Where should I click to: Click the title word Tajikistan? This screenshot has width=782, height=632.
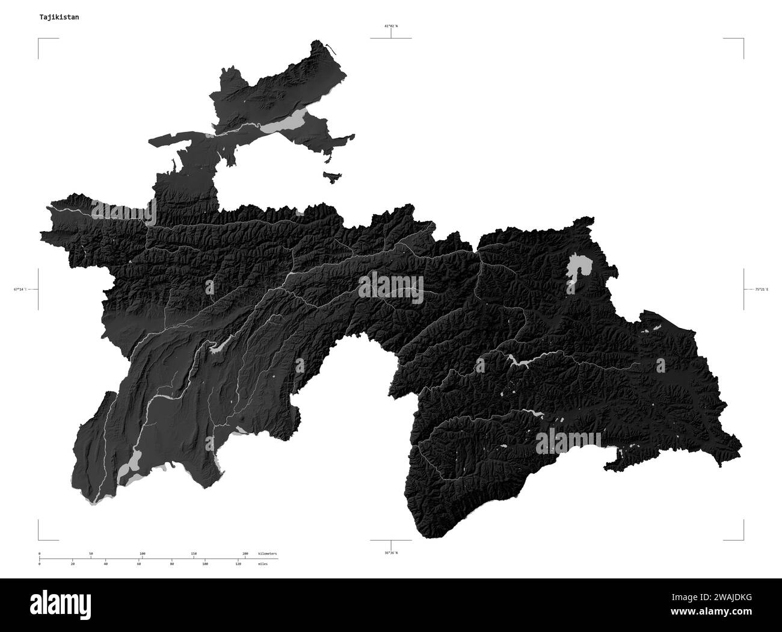[58, 17]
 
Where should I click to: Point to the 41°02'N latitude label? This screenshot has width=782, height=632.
[391, 26]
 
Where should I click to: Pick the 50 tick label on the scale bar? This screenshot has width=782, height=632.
[90, 553]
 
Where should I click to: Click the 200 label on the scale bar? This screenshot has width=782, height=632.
[245, 553]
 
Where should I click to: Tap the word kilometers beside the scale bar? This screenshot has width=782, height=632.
[268, 553]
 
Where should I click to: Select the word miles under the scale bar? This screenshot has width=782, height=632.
[263, 565]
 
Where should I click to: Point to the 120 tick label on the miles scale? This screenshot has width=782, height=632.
[238, 565]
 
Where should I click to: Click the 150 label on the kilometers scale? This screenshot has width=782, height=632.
[194, 553]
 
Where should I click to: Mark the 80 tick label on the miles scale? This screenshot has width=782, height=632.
[172, 565]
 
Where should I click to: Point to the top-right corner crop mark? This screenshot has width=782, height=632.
[743, 39]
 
